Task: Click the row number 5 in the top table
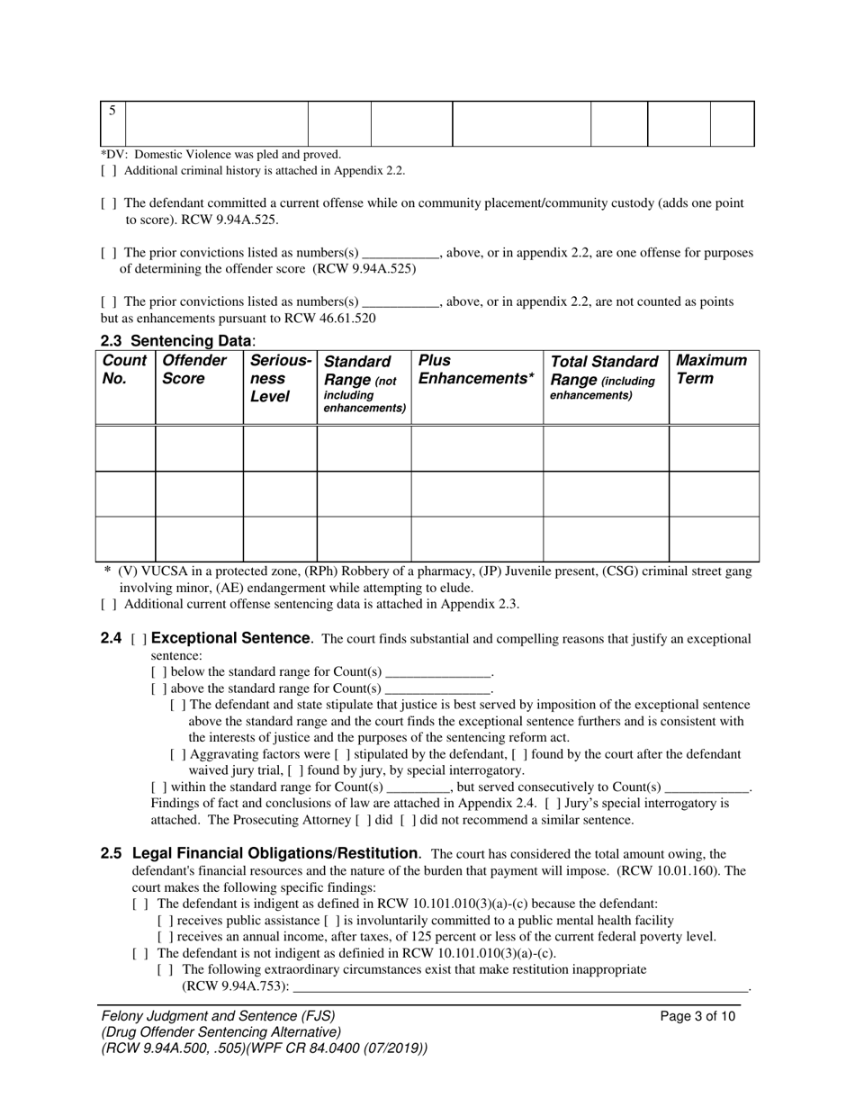pos(112,112)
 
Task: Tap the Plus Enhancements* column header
pos(475,370)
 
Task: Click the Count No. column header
pos(125,370)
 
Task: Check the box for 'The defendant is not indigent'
pos(139,954)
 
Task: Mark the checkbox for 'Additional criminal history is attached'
pos(108,171)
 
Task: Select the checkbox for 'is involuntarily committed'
pos(332,921)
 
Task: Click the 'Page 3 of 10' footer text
pos(697,1017)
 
